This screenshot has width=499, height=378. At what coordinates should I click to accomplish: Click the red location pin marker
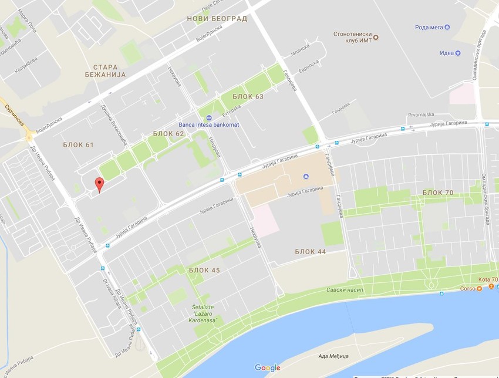tap(99, 184)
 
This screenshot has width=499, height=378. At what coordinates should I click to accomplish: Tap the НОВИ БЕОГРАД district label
tap(217, 19)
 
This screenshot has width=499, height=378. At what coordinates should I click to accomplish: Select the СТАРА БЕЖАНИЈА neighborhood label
tap(109, 71)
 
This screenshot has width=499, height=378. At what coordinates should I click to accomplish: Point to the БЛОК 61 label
tap(79, 144)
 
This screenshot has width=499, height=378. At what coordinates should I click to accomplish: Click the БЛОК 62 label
tap(168, 134)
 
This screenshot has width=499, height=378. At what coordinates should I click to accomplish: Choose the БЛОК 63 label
tap(248, 96)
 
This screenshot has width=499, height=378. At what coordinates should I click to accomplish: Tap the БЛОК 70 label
tap(438, 193)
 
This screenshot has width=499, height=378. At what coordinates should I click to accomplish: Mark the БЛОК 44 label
tap(311, 251)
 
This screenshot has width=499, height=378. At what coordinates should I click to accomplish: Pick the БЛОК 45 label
tap(204, 270)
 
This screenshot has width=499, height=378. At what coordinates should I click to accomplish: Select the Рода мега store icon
tap(447, 27)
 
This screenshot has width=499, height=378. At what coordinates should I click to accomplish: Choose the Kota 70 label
tap(487, 280)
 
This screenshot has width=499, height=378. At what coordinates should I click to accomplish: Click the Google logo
tap(267, 368)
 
